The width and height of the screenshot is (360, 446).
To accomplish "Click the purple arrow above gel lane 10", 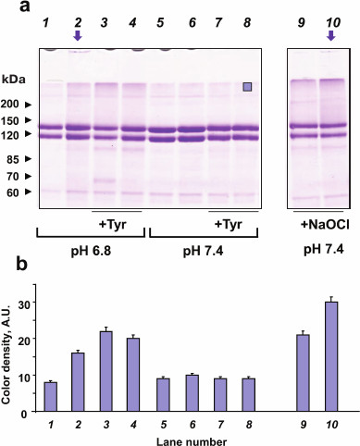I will pos(332,35).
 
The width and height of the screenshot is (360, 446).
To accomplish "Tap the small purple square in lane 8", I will pos(247,87).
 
